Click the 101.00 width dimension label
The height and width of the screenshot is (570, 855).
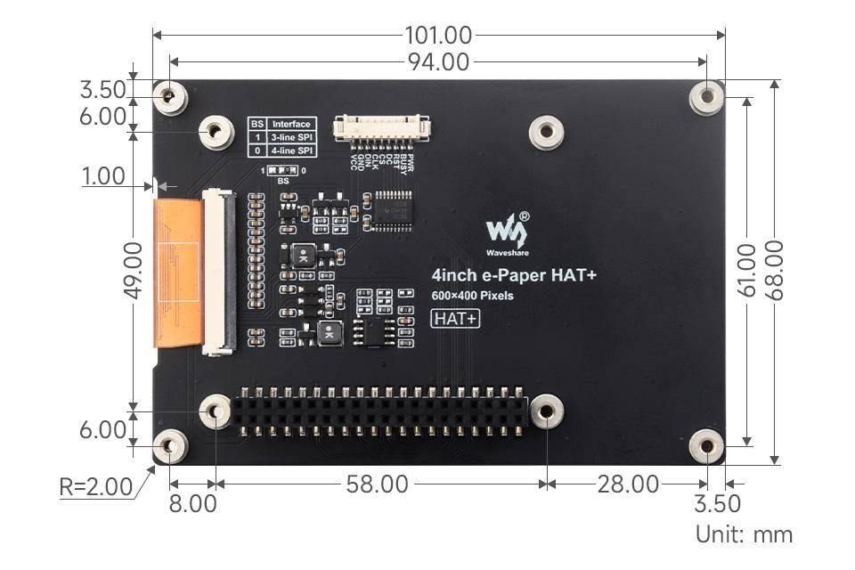click(x=438, y=36)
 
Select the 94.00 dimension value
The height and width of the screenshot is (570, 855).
click(x=438, y=61)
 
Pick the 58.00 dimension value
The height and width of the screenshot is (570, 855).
click(x=378, y=484)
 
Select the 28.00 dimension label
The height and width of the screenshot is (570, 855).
click(x=628, y=484)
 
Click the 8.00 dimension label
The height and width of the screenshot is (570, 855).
click(x=192, y=503)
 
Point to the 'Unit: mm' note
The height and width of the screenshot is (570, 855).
click(x=744, y=534)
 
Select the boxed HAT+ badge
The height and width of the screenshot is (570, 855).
click(x=455, y=318)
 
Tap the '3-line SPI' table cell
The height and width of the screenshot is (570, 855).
click(x=291, y=138)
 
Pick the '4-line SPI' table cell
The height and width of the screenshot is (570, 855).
click(x=291, y=151)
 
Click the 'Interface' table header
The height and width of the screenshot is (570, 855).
click(x=291, y=124)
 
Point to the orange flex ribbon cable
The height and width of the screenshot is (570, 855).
click(x=178, y=272)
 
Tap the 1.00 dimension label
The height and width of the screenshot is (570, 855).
click(x=103, y=176)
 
